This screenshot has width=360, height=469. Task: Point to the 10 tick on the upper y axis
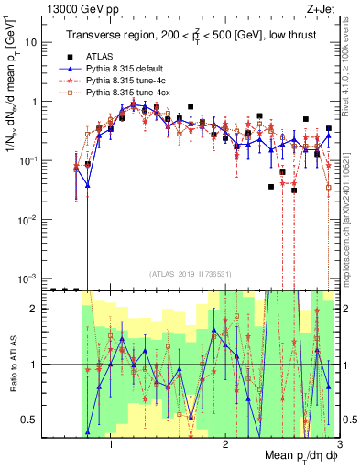click(36, 42)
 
